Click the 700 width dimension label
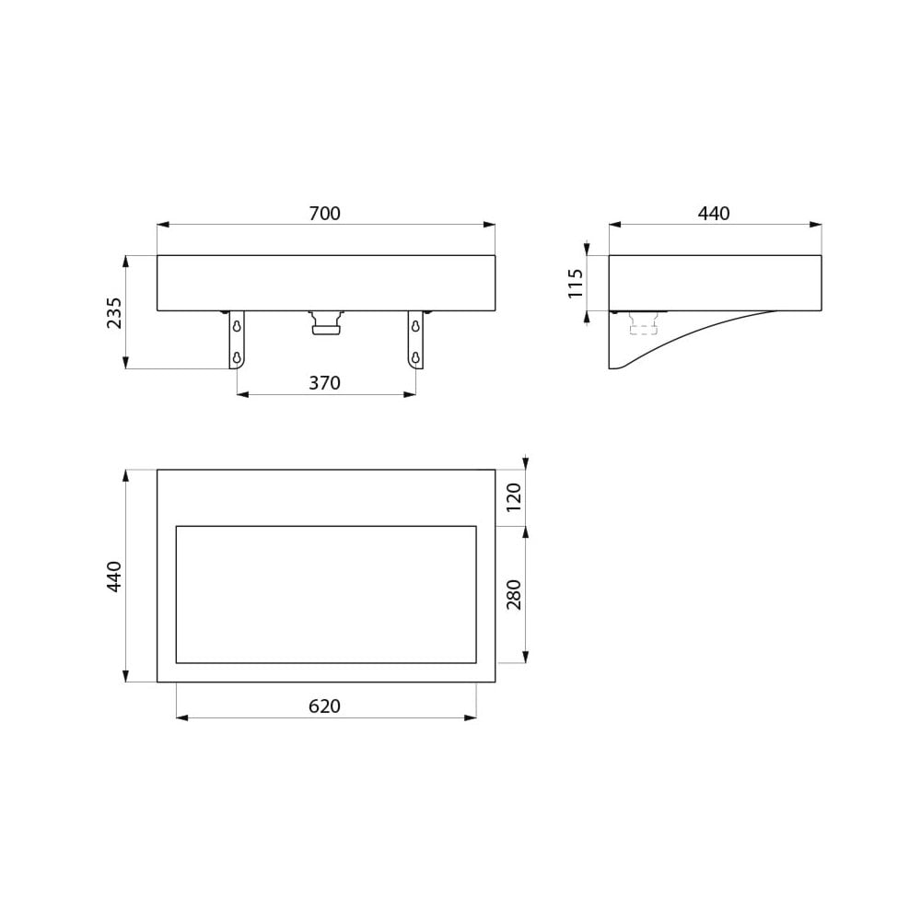click(x=325, y=214)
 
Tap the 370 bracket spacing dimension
click(x=325, y=383)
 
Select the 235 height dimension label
click(x=114, y=312)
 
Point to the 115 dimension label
click(x=576, y=283)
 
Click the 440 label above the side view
click(x=714, y=214)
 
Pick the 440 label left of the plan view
click(x=114, y=577)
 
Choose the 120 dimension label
click(x=513, y=497)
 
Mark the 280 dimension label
click(x=513, y=594)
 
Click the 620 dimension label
click(x=325, y=706)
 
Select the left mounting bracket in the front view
click(x=237, y=340)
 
